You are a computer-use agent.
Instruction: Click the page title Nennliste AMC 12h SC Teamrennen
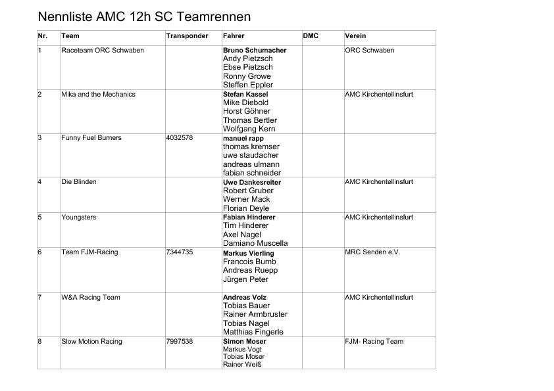[x=144, y=16]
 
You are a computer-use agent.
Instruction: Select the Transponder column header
[x=187, y=36]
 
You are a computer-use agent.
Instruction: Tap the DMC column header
[x=311, y=36]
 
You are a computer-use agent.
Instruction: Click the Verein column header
[x=355, y=36]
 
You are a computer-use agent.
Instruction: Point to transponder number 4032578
[x=180, y=138]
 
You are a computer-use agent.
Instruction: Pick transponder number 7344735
[x=180, y=252]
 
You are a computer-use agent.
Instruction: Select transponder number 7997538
[x=180, y=342]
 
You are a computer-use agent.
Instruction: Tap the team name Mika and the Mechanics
[x=98, y=95]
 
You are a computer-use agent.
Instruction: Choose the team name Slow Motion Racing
[x=91, y=342]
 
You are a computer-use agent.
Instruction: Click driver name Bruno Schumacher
[x=255, y=51]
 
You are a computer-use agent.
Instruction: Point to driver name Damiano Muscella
[x=255, y=243]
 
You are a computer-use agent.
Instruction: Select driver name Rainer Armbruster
[x=255, y=314]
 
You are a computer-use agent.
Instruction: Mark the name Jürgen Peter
[x=245, y=279]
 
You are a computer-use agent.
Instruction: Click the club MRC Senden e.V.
[x=372, y=252]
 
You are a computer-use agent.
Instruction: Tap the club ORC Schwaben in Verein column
[x=370, y=51]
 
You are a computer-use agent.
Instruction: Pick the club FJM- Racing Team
[x=374, y=342]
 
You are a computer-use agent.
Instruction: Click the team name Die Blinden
[x=79, y=182]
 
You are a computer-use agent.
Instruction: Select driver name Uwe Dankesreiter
[x=252, y=182]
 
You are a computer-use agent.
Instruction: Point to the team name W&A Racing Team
[x=91, y=298]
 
